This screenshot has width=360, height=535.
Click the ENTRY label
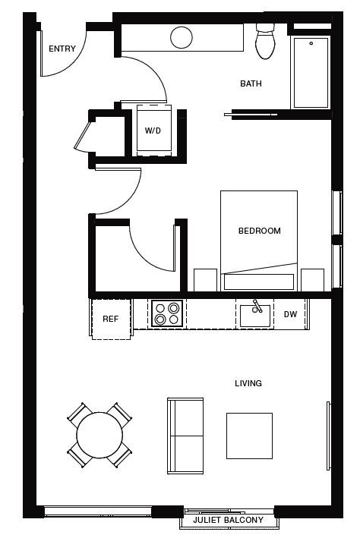tap(62, 49)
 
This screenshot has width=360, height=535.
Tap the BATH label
tap(251, 83)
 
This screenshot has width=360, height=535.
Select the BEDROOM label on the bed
tap(259, 231)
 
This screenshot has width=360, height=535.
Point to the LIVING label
tap(248, 383)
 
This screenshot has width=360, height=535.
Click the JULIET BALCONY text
tap(228, 520)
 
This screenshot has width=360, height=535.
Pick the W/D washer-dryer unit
tap(153, 130)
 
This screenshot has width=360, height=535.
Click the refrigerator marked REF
tap(111, 319)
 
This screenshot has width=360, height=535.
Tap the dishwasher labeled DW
tap(290, 314)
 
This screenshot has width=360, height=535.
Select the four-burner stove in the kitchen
tap(167, 313)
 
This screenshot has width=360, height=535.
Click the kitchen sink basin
tap(255, 315)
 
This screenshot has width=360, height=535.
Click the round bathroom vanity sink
tap(182, 36)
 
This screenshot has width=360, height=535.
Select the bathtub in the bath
tap(311, 72)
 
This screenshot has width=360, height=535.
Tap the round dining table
tap(99, 435)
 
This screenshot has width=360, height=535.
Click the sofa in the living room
tap(185, 435)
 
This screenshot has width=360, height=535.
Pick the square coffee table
tap(249, 436)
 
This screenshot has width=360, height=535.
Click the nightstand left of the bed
tap(206, 279)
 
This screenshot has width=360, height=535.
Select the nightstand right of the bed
tap(312, 279)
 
